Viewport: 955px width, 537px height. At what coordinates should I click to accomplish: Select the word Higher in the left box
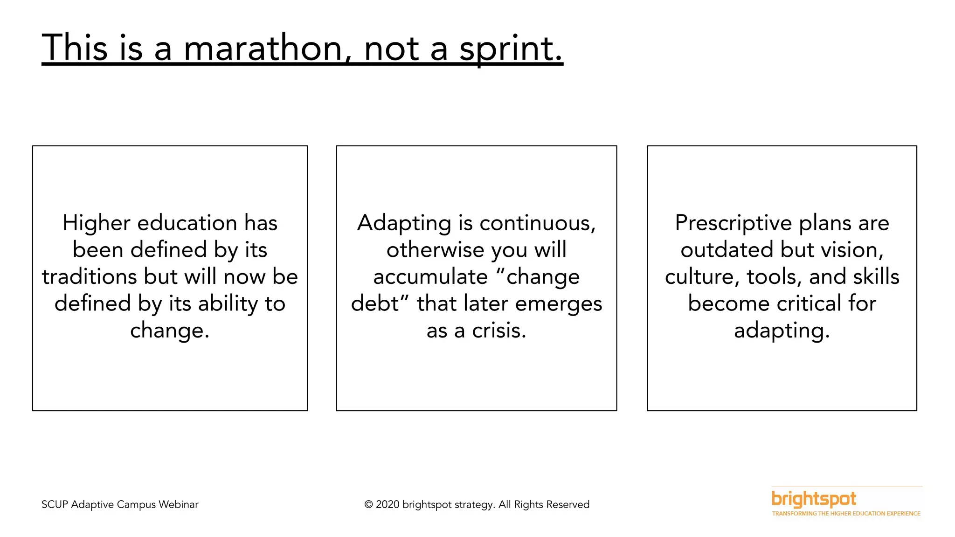click(x=97, y=223)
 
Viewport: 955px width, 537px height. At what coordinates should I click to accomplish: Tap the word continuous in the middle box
click(x=537, y=223)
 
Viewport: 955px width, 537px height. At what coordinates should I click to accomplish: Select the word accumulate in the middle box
click(x=430, y=277)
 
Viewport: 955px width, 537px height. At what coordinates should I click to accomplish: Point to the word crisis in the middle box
click(x=499, y=330)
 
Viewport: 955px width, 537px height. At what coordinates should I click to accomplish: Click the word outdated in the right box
click(x=726, y=250)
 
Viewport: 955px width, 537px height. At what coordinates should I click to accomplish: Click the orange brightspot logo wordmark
click(x=814, y=499)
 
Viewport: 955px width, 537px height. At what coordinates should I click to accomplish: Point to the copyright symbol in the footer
click(x=368, y=505)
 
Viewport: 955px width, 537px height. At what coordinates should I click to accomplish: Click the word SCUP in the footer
click(x=55, y=505)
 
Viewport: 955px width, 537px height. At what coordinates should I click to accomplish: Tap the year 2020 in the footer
click(x=388, y=505)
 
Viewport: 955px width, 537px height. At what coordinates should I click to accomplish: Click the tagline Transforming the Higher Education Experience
click(x=846, y=514)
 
